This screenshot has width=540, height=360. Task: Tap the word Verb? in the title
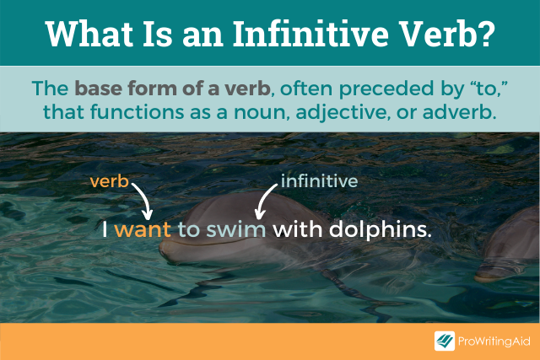pyautogui.click(x=455, y=33)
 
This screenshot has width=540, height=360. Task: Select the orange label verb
pyautogui.click(x=109, y=180)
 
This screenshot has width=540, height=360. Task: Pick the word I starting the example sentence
pyautogui.click(x=105, y=229)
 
